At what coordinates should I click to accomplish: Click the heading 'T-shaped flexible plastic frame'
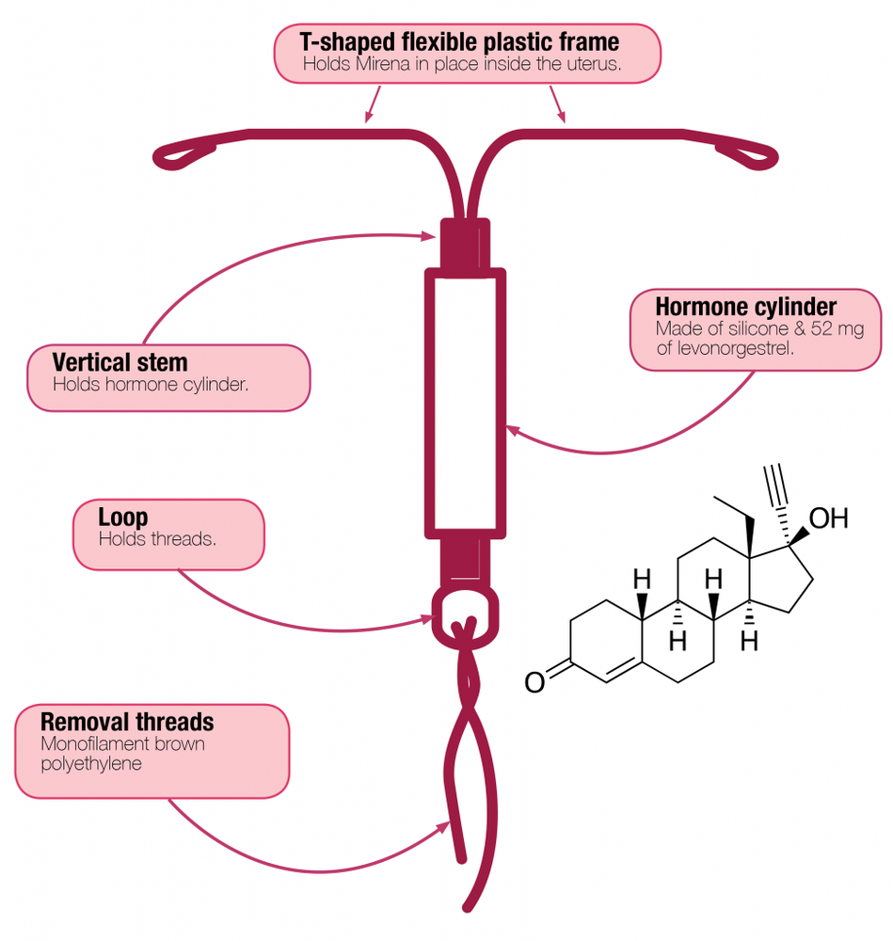click(x=459, y=42)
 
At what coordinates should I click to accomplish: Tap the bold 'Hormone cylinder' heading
click(x=745, y=308)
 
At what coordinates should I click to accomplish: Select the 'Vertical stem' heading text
click(x=120, y=362)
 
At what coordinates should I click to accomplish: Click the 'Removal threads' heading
click(x=127, y=723)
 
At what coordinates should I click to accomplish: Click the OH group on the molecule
click(x=828, y=518)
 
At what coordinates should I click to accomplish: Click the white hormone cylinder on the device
click(x=466, y=400)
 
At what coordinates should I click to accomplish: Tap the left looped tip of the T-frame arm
click(x=179, y=153)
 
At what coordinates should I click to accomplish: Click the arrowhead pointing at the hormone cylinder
click(x=513, y=430)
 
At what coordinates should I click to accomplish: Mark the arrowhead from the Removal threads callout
click(x=444, y=826)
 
